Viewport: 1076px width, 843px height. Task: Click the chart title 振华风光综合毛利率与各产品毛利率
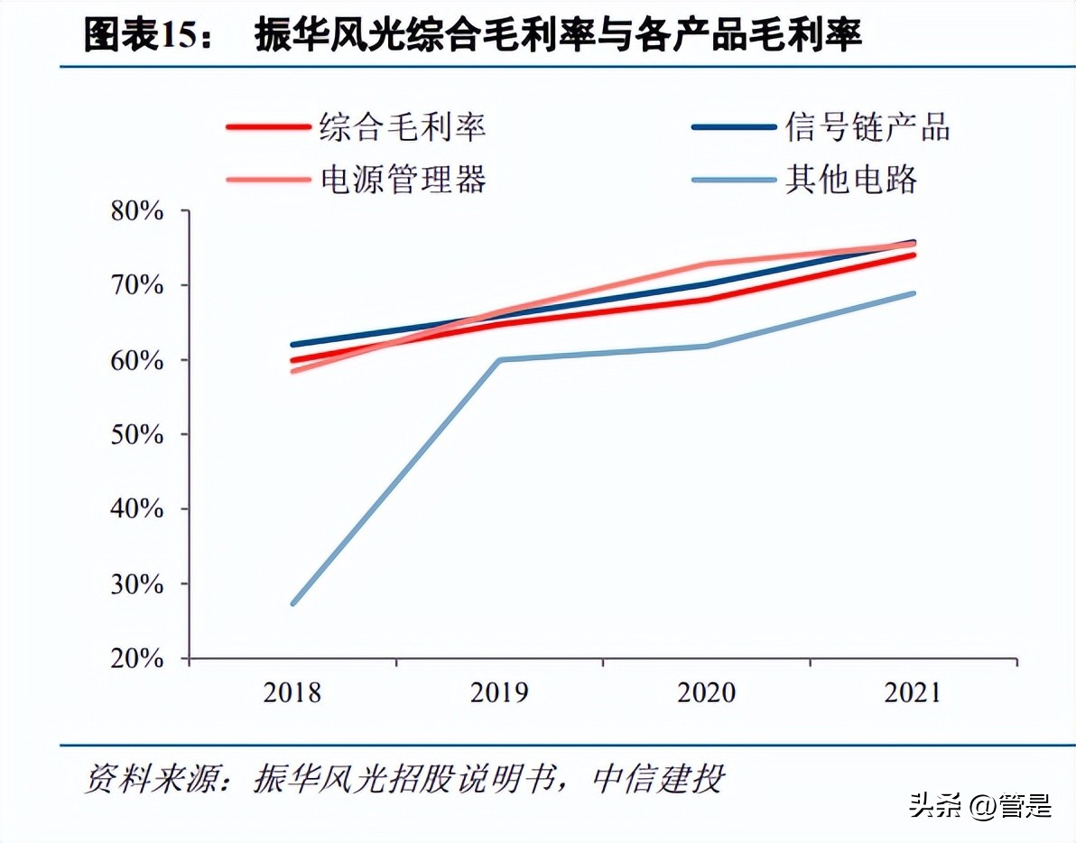[558, 35]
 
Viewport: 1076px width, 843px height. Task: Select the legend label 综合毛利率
[403, 126]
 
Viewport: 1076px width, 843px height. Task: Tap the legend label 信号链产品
[867, 126]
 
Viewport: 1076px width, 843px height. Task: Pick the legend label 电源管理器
[403, 179]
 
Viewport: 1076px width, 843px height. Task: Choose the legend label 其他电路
[851, 179]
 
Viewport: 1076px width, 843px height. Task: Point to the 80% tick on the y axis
[137, 211]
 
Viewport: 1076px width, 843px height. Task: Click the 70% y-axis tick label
[137, 286]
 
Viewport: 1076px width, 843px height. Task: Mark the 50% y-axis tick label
[137, 435]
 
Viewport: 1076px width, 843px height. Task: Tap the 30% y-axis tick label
[137, 584]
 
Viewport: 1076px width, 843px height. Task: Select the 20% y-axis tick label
[137, 659]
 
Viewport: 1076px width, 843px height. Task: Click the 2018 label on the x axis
[292, 693]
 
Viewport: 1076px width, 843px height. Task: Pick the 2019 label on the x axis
[499, 693]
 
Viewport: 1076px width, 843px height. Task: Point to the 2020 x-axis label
[707, 693]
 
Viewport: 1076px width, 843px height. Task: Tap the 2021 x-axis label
[913, 693]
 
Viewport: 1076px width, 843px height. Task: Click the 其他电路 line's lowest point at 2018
[293, 603]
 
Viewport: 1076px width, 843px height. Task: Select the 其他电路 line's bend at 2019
[500, 360]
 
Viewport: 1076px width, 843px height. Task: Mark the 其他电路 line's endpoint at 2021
[914, 293]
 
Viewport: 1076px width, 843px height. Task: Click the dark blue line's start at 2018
[293, 345]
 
